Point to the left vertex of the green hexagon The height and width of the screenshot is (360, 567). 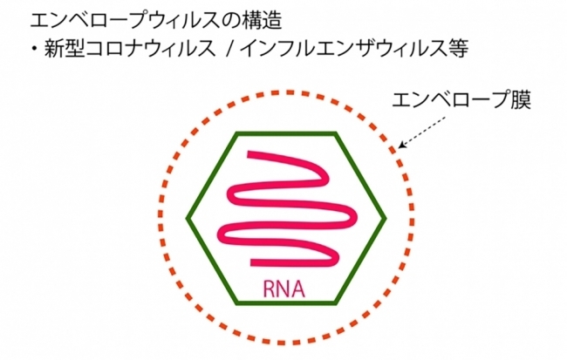coord(189,216)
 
